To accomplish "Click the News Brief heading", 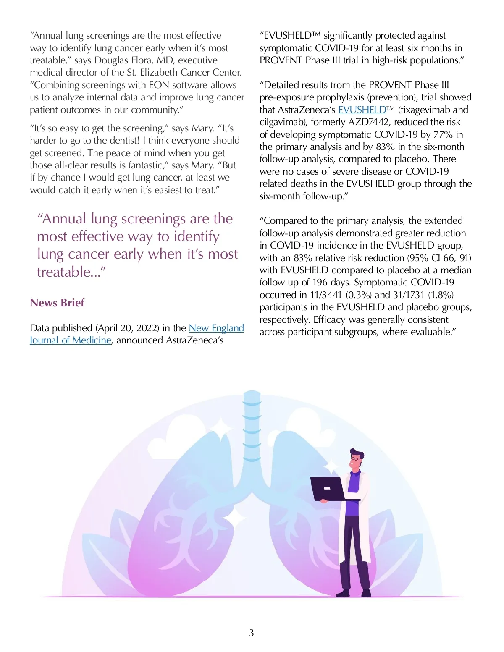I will [57, 303].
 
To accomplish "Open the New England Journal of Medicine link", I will [216, 328].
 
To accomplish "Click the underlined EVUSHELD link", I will [362, 110].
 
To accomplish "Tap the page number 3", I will [252, 633].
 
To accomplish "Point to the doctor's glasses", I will [356, 459].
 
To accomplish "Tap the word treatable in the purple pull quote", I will [63, 272].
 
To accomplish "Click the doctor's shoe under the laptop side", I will [343, 593].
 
